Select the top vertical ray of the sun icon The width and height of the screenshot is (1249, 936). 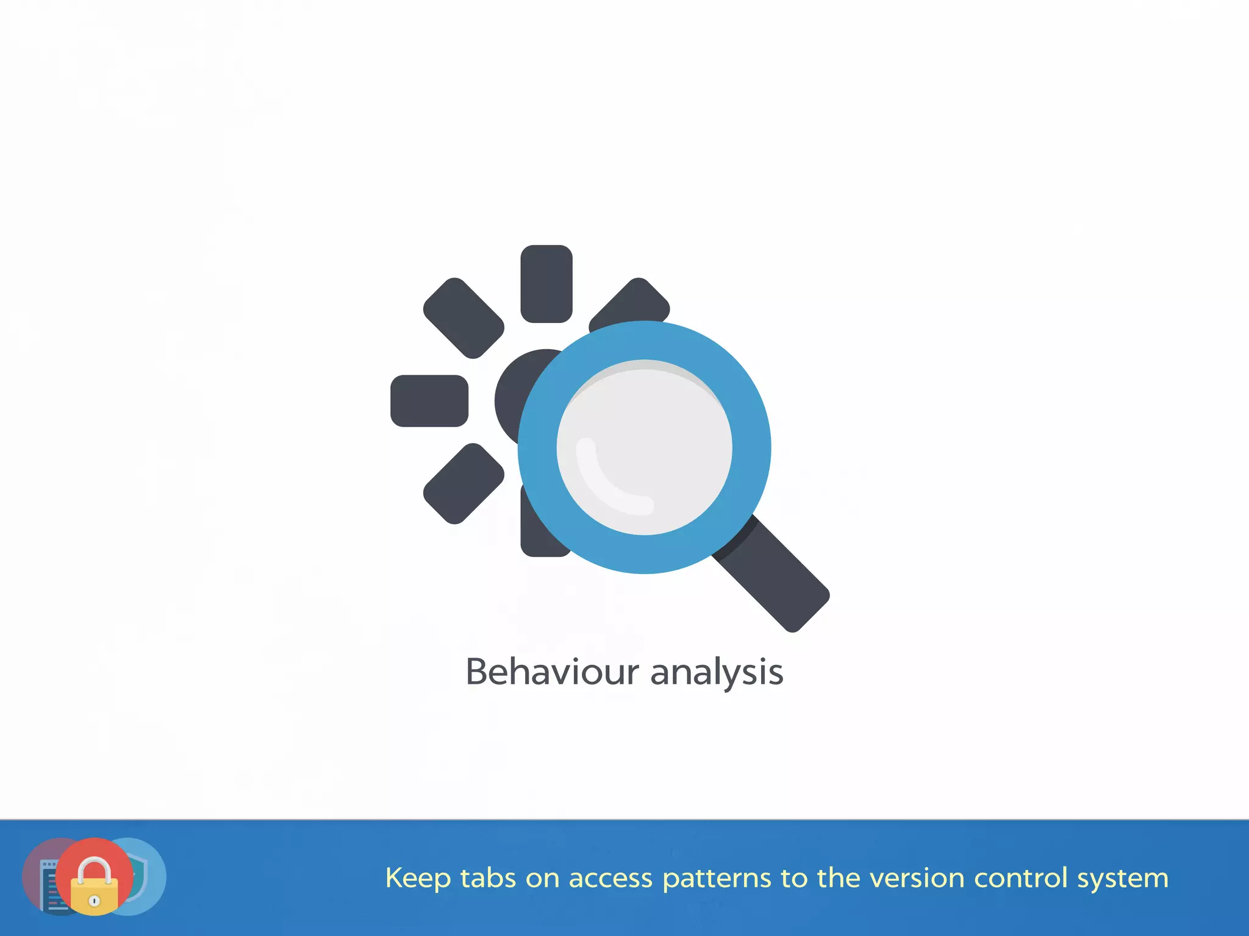click(546, 283)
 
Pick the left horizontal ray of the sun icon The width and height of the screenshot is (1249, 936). click(429, 401)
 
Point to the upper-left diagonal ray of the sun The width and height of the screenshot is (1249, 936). click(463, 318)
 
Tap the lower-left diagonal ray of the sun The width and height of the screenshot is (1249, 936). click(463, 484)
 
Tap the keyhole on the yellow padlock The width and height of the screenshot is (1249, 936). click(95, 901)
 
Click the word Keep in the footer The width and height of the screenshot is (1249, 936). click(418, 879)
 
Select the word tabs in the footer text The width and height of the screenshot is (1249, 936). click(488, 878)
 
